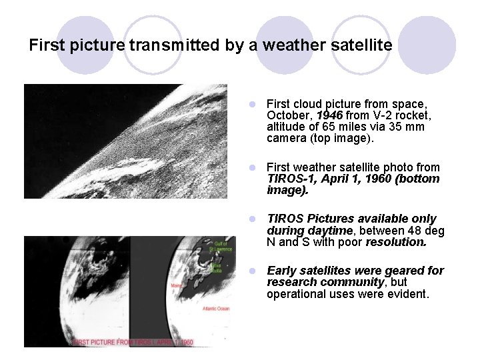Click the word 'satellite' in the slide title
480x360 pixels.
361,45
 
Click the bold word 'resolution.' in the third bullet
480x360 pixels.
396,242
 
